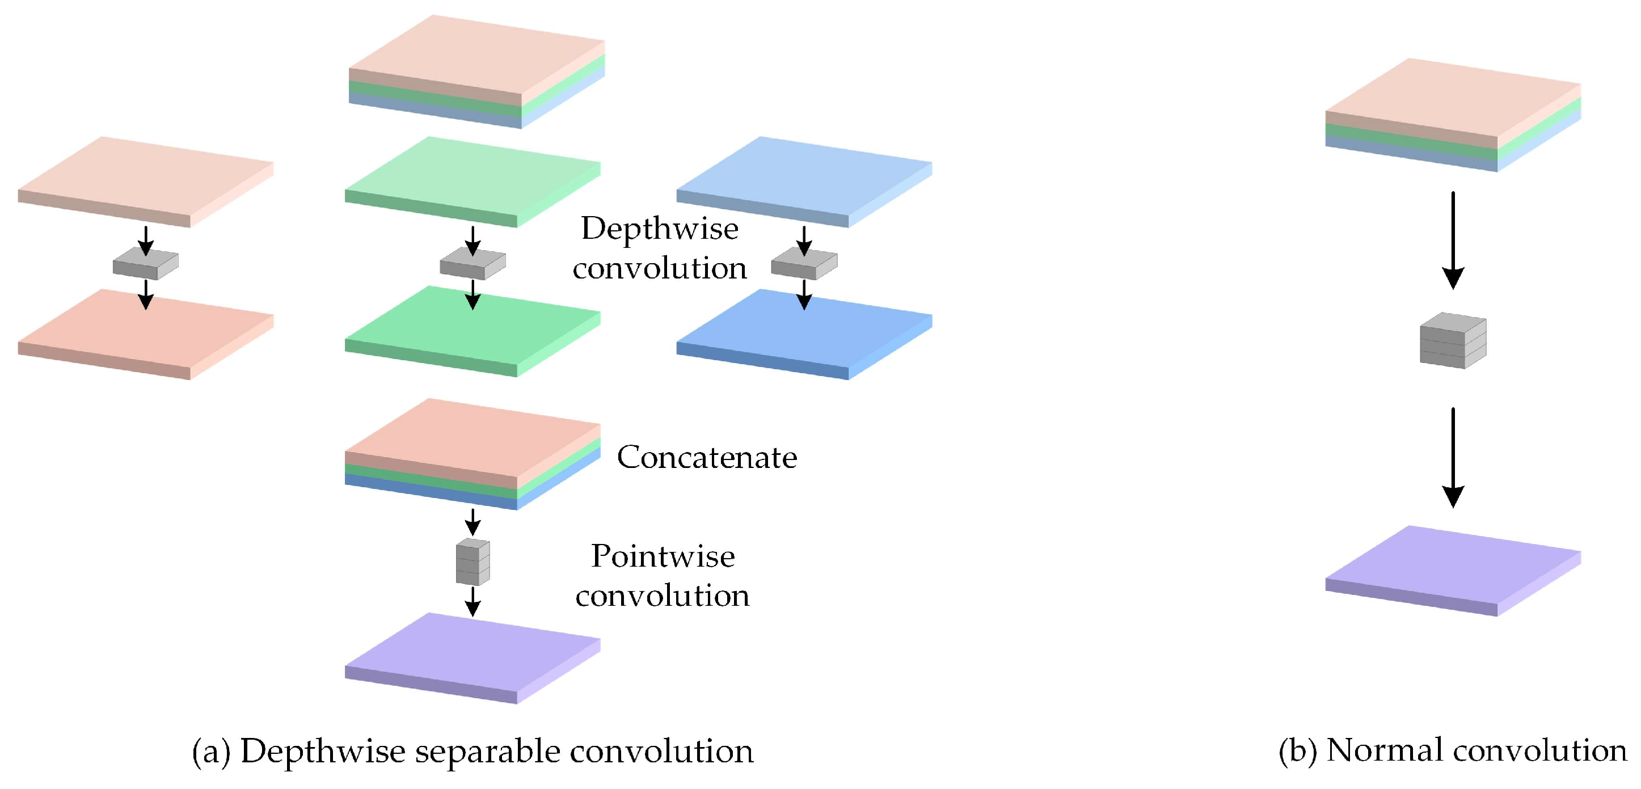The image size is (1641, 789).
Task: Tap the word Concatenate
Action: [706, 457]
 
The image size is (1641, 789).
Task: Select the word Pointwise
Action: [663, 556]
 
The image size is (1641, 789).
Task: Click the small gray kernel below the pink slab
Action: [145, 265]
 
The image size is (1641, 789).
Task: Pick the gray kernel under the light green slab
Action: [473, 265]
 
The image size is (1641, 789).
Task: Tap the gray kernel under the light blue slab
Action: [804, 265]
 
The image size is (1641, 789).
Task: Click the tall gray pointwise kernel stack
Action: [473, 562]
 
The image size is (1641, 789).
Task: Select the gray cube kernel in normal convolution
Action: [1453, 341]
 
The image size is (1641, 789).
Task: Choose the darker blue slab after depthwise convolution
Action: [804, 334]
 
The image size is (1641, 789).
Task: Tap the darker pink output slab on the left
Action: [145, 334]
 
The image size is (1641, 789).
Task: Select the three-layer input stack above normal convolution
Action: [1453, 115]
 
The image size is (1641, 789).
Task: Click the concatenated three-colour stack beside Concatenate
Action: [473, 453]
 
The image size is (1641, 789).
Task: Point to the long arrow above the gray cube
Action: [1453, 239]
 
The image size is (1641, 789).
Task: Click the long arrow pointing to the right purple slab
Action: [1453, 457]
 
